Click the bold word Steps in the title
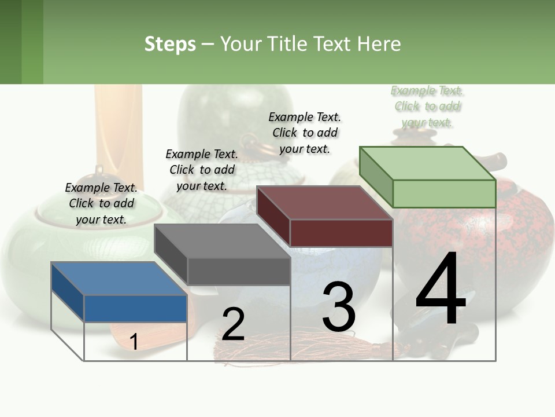(170, 44)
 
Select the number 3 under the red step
(339, 307)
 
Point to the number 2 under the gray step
(233, 324)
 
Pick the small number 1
(134, 342)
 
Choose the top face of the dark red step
(324, 203)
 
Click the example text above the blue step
(101, 203)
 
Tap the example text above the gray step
(202, 170)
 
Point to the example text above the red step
(305, 133)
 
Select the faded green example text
(427, 107)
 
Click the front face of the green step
(444, 193)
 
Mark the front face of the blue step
(135, 308)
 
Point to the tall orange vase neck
(118, 127)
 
